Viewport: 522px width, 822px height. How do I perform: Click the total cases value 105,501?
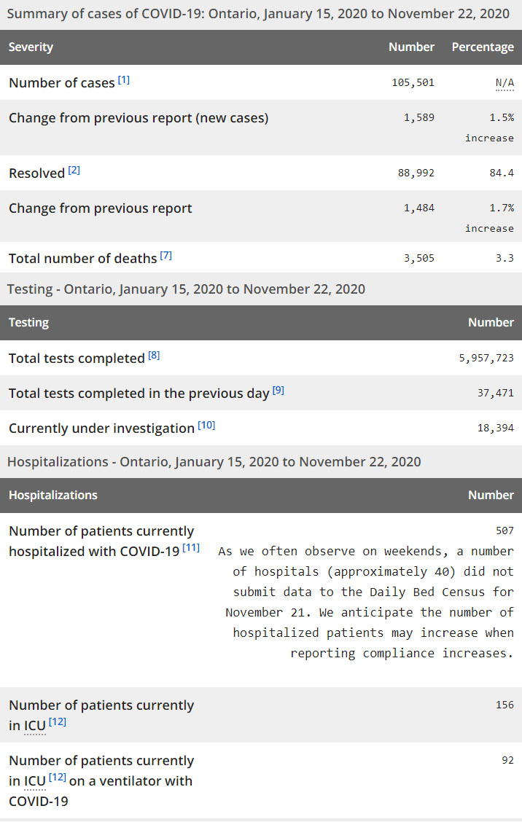pos(413,82)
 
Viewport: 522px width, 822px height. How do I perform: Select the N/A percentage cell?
pos(505,82)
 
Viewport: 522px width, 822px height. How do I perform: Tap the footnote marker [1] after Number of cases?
pos(124,79)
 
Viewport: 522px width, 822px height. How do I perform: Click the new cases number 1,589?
pos(419,117)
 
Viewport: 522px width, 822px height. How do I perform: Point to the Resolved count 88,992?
pos(416,173)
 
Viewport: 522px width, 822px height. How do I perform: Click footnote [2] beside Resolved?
pos(74,170)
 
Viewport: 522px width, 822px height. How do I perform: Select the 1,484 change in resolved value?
pos(419,208)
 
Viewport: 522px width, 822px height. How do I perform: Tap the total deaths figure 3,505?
pos(419,257)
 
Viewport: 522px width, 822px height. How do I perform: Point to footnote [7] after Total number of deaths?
pos(166,255)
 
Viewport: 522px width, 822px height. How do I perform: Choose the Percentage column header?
pos(483,47)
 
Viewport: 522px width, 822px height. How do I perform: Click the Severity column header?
pos(31,47)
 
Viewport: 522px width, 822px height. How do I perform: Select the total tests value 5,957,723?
pos(486,358)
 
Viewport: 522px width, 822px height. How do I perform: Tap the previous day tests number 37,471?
pos(496,393)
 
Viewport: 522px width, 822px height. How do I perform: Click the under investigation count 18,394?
pos(496,428)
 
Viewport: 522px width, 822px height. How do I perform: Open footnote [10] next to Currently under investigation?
pos(206,425)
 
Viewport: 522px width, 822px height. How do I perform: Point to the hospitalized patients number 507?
pos(505,531)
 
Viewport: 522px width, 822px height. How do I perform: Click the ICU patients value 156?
pos(505,705)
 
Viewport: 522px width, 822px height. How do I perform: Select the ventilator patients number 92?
pos(507,760)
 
